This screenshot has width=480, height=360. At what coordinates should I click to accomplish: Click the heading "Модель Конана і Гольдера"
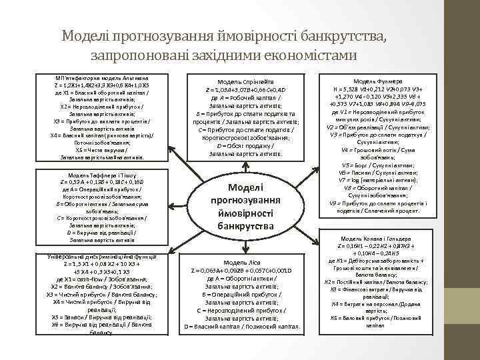pyautogui.click(x=378, y=239)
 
